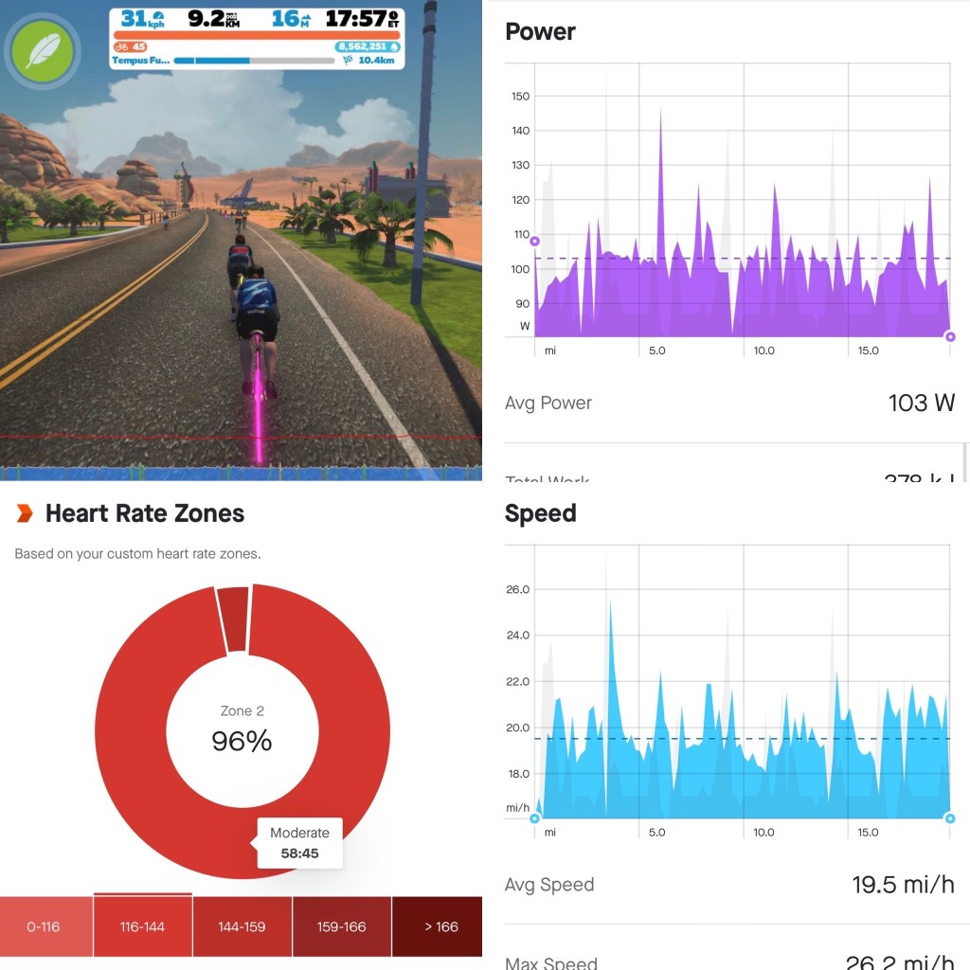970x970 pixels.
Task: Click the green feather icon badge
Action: click(41, 51)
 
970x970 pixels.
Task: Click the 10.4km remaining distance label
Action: click(377, 60)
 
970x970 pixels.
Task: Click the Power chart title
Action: click(540, 31)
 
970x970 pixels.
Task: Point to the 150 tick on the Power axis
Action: click(519, 96)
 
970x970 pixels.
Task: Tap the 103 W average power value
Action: click(921, 403)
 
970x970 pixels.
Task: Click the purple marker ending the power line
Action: click(950, 336)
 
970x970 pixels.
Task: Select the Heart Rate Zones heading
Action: click(145, 513)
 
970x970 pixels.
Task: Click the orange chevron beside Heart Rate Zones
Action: click(25, 513)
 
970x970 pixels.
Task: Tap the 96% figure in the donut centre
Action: click(242, 741)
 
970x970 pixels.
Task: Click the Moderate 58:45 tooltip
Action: click(299, 842)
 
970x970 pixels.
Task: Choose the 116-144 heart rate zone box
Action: click(142, 926)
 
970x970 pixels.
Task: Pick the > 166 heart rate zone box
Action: click(436, 926)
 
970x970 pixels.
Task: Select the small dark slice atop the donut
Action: click(233, 619)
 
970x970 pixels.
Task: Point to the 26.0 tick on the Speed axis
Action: click(517, 589)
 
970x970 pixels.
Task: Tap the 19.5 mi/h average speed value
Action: click(903, 885)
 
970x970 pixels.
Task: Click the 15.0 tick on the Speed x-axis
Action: click(868, 833)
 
